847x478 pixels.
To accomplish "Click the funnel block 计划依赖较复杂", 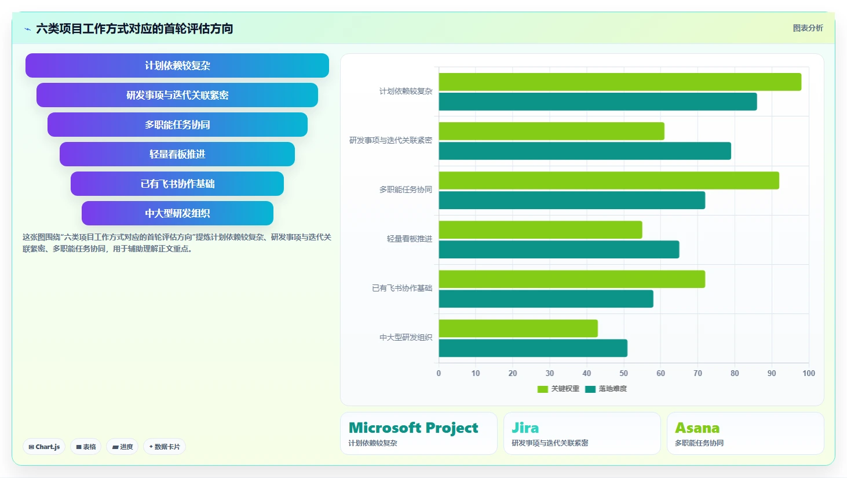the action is pyautogui.click(x=177, y=65).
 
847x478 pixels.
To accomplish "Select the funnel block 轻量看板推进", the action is pyautogui.click(x=177, y=154).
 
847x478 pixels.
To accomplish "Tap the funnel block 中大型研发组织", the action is pyautogui.click(x=177, y=213).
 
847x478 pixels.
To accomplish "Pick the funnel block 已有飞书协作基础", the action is pyautogui.click(x=177, y=184).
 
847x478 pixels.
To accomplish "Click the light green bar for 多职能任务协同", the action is pyautogui.click(x=609, y=180).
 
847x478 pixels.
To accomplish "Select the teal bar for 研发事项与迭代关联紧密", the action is pyautogui.click(x=585, y=151).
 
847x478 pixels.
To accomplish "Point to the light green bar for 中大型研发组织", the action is pyautogui.click(x=518, y=329).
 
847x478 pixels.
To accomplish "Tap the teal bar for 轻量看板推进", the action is pyautogui.click(x=559, y=250).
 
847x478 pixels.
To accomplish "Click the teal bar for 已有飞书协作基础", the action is pyautogui.click(x=546, y=299).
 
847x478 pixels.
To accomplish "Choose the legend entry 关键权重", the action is pyautogui.click(x=558, y=389).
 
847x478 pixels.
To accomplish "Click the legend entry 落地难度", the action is pyautogui.click(x=606, y=389).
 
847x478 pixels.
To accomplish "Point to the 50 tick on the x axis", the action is pyautogui.click(x=623, y=373).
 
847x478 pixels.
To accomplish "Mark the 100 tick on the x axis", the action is pyautogui.click(x=808, y=373).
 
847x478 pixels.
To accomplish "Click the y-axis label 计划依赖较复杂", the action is pyautogui.click(x=406, y=91).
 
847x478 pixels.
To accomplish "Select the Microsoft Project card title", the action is pyautogui.click(x=413, y=428).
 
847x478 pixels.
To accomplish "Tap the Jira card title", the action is pyautogui.click(x=525, y=428).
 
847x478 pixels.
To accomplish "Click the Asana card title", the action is pyautogui.click(x=698, y=428).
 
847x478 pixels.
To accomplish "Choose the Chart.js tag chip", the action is pyautogui.click(x=44, y=447).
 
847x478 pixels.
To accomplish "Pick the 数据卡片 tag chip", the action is pyautogui.click(x=165, y=447).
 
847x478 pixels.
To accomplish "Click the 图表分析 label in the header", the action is pyautogui.click(x=808, y=28).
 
